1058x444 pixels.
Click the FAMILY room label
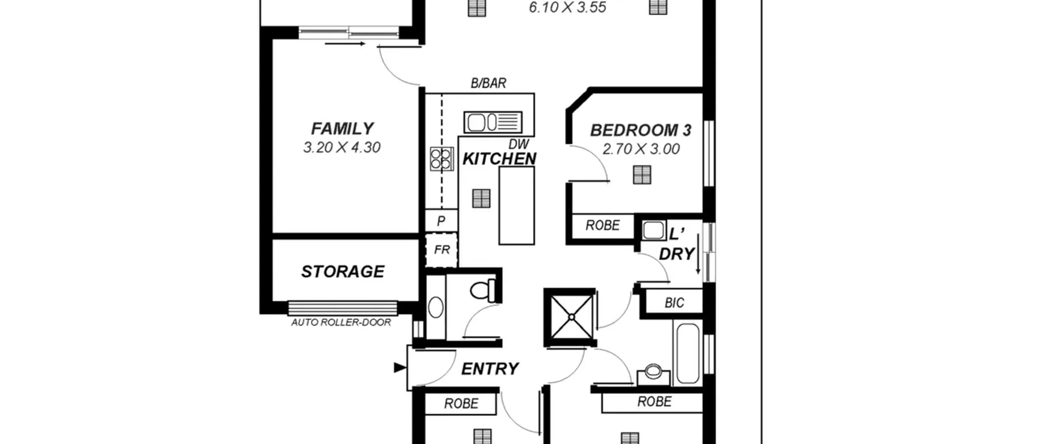tap(342, 128)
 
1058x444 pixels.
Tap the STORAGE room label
tap(343, 271)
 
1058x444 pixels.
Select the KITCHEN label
tap(499, 159)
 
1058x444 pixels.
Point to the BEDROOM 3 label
tap(641, 130)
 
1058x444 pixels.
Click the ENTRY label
tap(490, 369)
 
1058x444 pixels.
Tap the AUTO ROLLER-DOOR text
tap(341, 322)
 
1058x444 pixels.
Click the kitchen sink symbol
tap(493, 122)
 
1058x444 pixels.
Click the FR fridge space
tap(441, 250)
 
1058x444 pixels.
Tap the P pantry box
tap(441, 221)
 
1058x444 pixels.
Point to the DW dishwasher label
tap(519, 144)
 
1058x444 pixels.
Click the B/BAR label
tap(488, 83)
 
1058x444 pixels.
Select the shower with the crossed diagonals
tap(571, 317)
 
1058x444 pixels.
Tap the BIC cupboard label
tap(674, 303)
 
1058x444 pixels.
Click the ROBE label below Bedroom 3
tap(603, 226)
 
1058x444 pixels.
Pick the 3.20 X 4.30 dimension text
tap(342, 147)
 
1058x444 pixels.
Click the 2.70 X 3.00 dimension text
tap(641, 149)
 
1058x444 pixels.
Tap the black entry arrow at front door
tap(400, 368)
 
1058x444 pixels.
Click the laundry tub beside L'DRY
tap(653, 230)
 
